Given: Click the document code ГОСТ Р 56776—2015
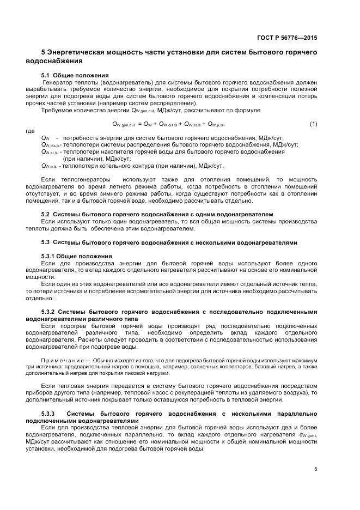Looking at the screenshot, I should click(x=286, y=38).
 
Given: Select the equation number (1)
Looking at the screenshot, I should click(x=313, y=124).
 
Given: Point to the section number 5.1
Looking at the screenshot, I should click(x=46, y=75).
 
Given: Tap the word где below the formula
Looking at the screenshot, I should click(x=30, y=131).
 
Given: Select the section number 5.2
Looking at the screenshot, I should click(x=46, y=214).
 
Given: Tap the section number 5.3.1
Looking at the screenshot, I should click(x=48, y=256).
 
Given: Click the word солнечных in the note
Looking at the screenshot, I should click(x=206, y=368).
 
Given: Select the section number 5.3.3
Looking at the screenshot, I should click(x=48, y=414).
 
